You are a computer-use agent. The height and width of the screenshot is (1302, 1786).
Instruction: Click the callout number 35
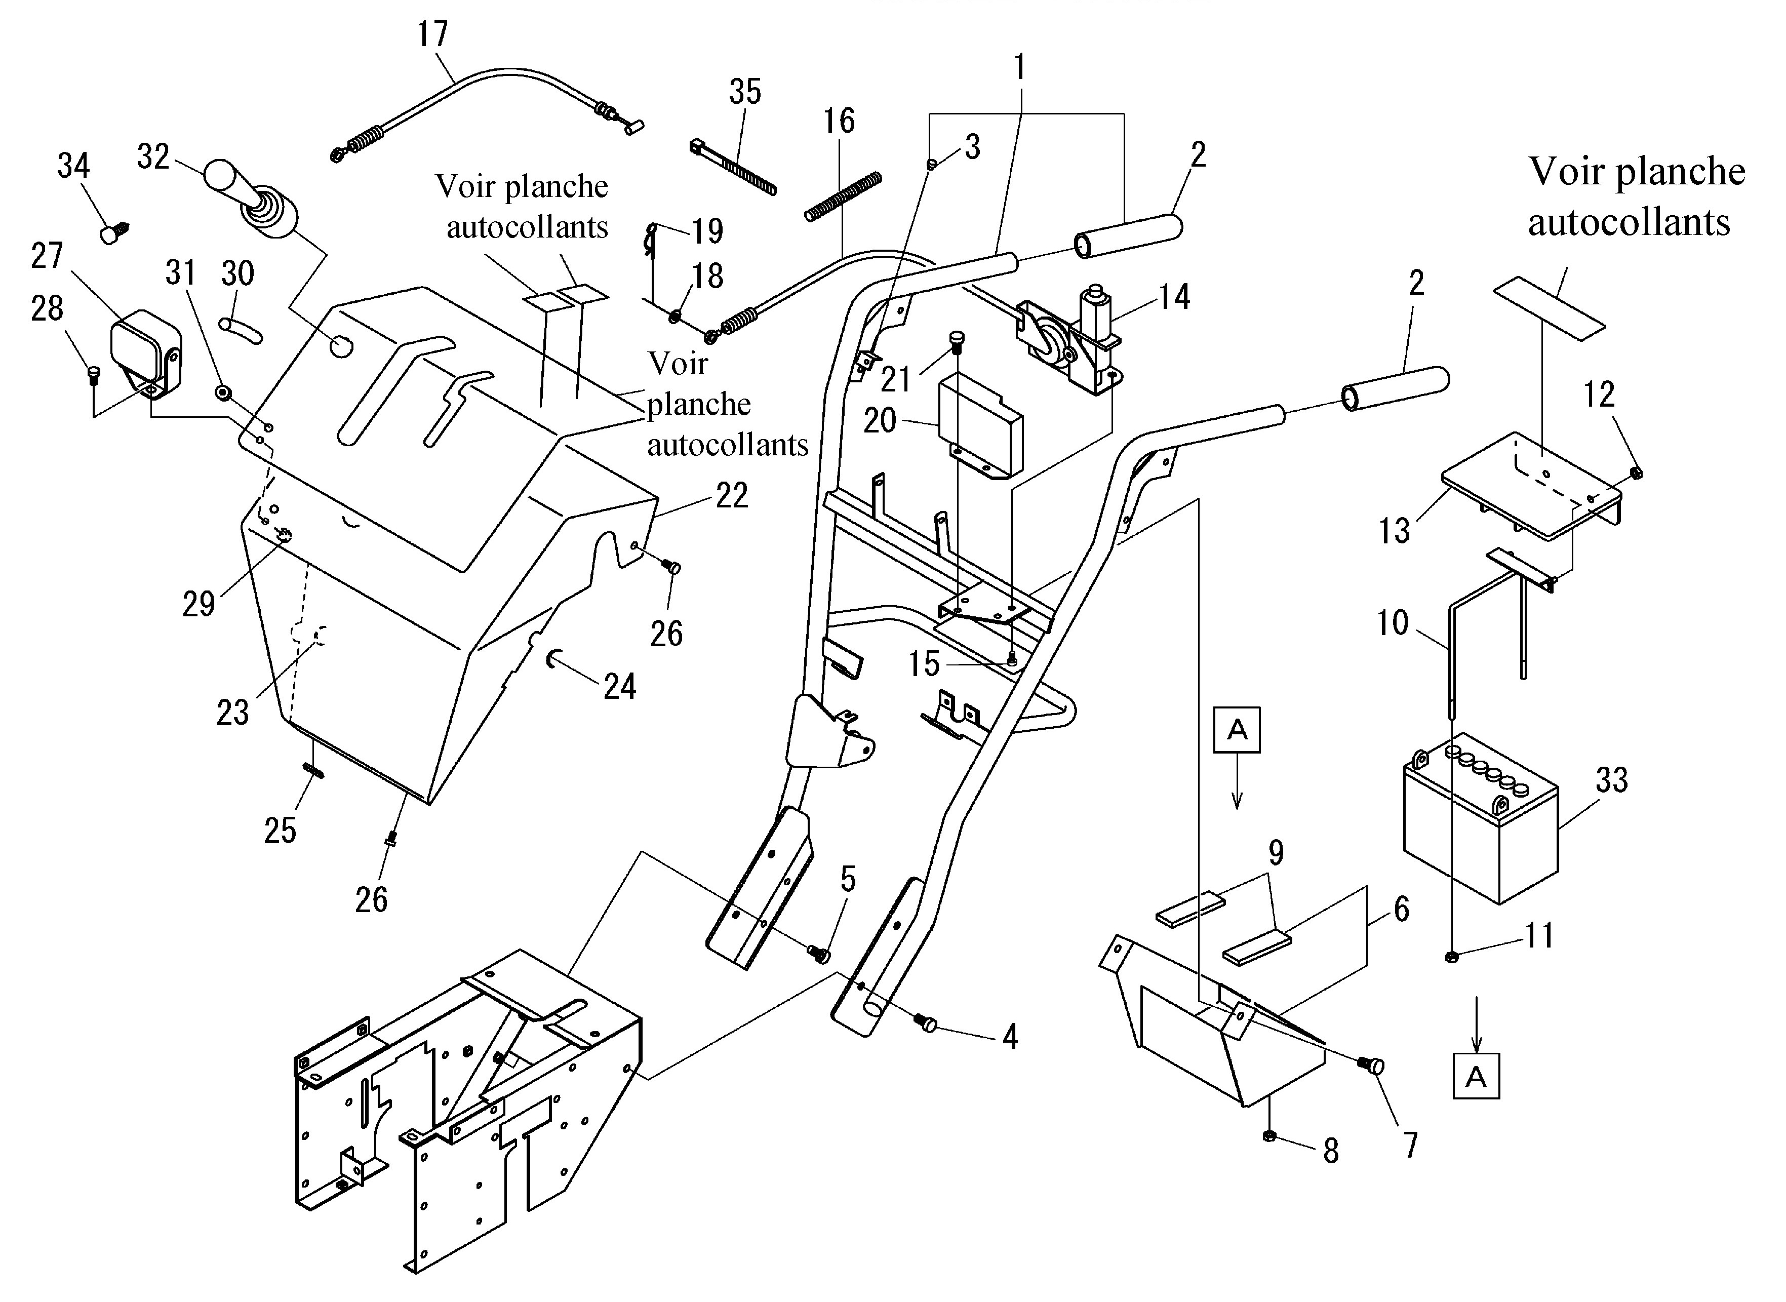click(745, 92)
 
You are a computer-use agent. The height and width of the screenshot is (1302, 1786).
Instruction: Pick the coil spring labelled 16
click(843, 196)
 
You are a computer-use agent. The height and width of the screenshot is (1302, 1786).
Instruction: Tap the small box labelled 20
click(980, 425)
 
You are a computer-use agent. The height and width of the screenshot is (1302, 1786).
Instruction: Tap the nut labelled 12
click(1635, 473)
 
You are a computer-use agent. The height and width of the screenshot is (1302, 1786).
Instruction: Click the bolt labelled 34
click(115, 232)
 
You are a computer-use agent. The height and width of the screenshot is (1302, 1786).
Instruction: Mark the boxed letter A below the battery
click(1476, 1076)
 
